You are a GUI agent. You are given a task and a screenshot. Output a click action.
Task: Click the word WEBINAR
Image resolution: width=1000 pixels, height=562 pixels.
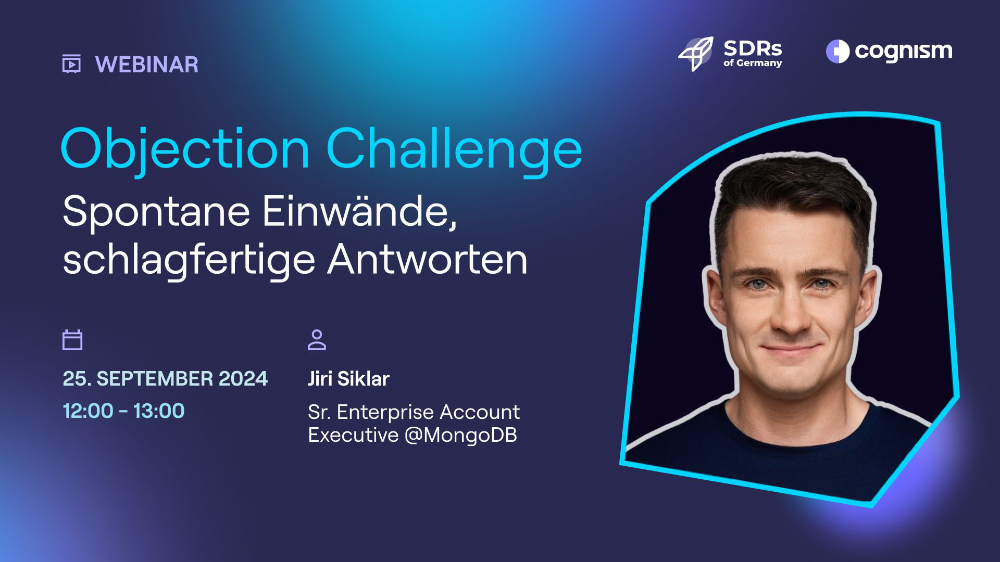147,65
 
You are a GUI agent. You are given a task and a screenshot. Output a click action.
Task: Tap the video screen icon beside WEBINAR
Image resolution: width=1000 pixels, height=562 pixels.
71,63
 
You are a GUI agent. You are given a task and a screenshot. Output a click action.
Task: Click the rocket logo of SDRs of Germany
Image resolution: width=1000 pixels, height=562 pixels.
695,54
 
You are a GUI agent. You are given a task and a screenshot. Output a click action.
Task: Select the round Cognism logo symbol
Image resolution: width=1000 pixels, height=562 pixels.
838,52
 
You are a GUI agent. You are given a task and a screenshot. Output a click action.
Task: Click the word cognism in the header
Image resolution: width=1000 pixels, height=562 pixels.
904,51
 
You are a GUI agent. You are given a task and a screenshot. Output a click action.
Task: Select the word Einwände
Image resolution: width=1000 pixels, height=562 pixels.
360,211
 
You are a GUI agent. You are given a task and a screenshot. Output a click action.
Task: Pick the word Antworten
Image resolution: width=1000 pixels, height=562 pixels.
428,259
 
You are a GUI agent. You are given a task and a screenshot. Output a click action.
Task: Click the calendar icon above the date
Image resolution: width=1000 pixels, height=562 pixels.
72,340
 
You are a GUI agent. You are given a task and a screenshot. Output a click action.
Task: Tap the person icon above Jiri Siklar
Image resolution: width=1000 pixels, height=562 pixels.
317,340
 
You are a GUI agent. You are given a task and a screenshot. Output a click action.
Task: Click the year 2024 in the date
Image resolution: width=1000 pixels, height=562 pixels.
243,379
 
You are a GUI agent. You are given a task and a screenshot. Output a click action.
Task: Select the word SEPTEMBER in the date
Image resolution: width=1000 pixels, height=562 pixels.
155,379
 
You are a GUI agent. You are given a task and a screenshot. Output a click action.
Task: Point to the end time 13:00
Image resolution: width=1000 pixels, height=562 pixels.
159,411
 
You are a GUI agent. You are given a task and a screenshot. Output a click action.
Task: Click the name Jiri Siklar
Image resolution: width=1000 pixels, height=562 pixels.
348,379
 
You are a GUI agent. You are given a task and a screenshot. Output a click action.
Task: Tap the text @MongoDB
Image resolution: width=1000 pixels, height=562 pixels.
461,435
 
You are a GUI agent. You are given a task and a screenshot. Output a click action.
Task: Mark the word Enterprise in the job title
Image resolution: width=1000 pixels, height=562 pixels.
385,413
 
